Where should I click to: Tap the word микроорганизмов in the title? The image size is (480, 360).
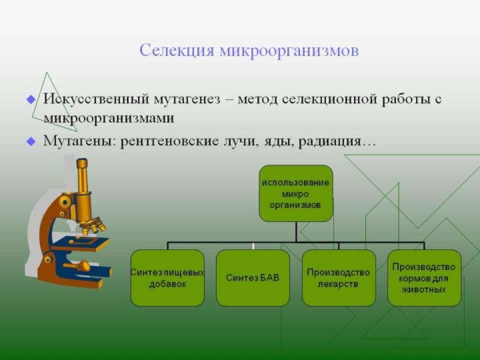coord(289,50)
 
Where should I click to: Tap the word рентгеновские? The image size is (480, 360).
coord(162,142)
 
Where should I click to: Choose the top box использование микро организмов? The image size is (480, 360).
coord(296,193)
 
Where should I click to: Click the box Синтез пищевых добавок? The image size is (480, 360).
coord(167,278)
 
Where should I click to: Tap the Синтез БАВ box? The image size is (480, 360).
coord(253,278)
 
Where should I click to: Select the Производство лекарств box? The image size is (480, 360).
coord(338,278)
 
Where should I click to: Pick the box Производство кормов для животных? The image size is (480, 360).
coord(424,278)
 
